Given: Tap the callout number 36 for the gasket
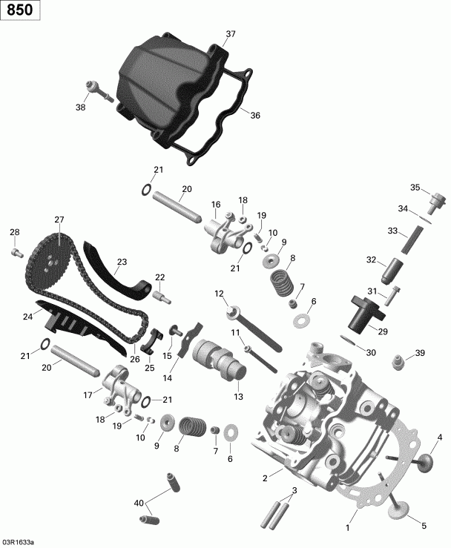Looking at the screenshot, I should pos(255,115).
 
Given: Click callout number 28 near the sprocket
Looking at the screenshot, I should pos(14,234).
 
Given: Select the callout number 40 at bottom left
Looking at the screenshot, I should pos(138,504).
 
